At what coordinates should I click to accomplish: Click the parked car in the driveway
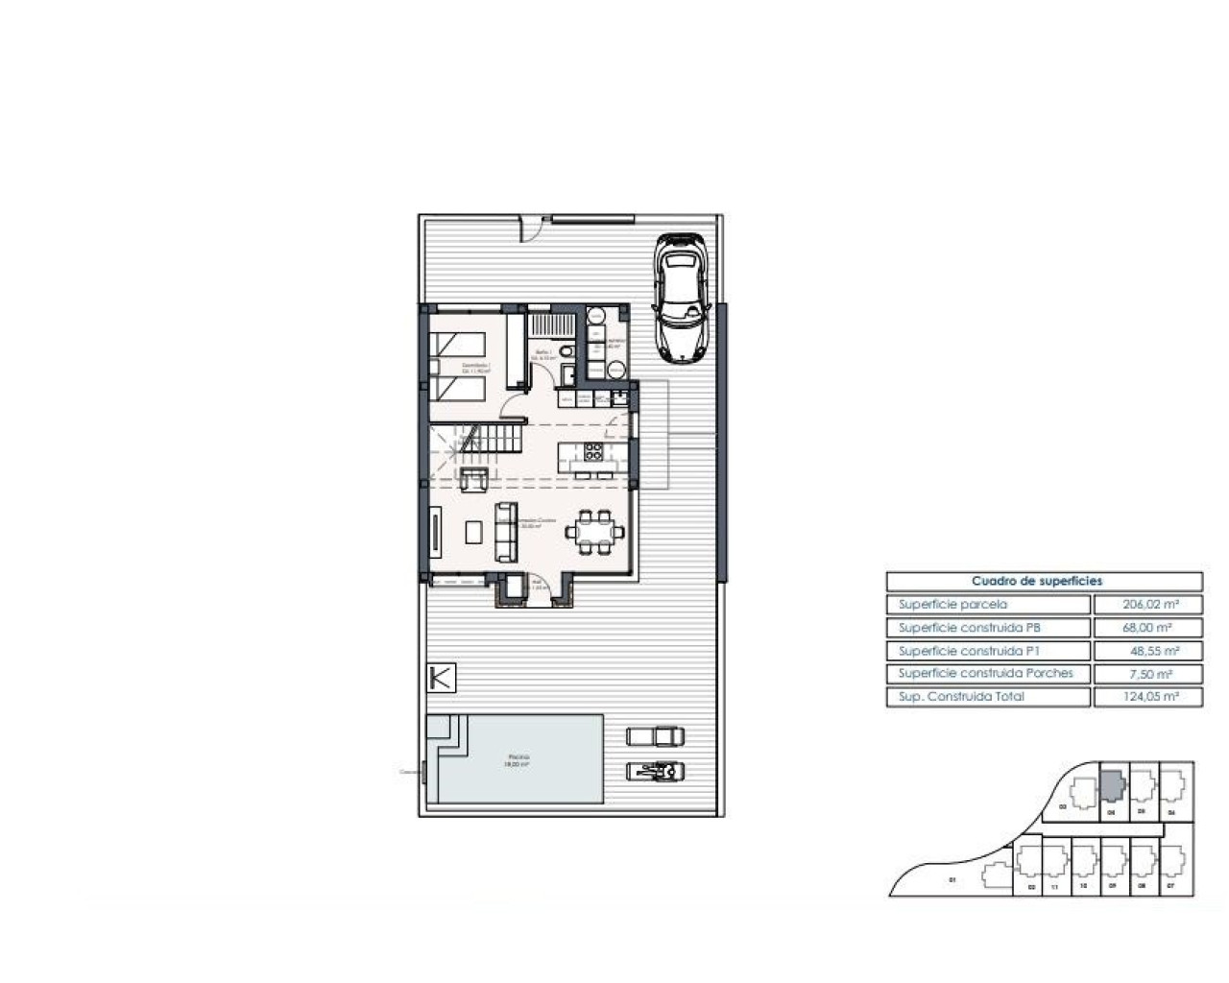[681, 298]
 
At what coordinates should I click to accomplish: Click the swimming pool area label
[518, 760]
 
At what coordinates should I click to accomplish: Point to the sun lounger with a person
[656, 770]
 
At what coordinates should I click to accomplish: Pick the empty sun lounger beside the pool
[656, 736]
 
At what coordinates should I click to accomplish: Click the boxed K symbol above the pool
[442, 678]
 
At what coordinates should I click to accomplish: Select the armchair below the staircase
[473, 479]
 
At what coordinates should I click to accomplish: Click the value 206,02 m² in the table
[1148, 605]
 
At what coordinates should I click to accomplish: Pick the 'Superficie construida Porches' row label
[986, 674]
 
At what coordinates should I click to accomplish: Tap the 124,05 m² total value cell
[1148, 697]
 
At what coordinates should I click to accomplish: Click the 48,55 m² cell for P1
[1148, 651]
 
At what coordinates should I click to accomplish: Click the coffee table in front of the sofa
[473, 531]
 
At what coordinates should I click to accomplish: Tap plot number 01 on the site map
[952, 880]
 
